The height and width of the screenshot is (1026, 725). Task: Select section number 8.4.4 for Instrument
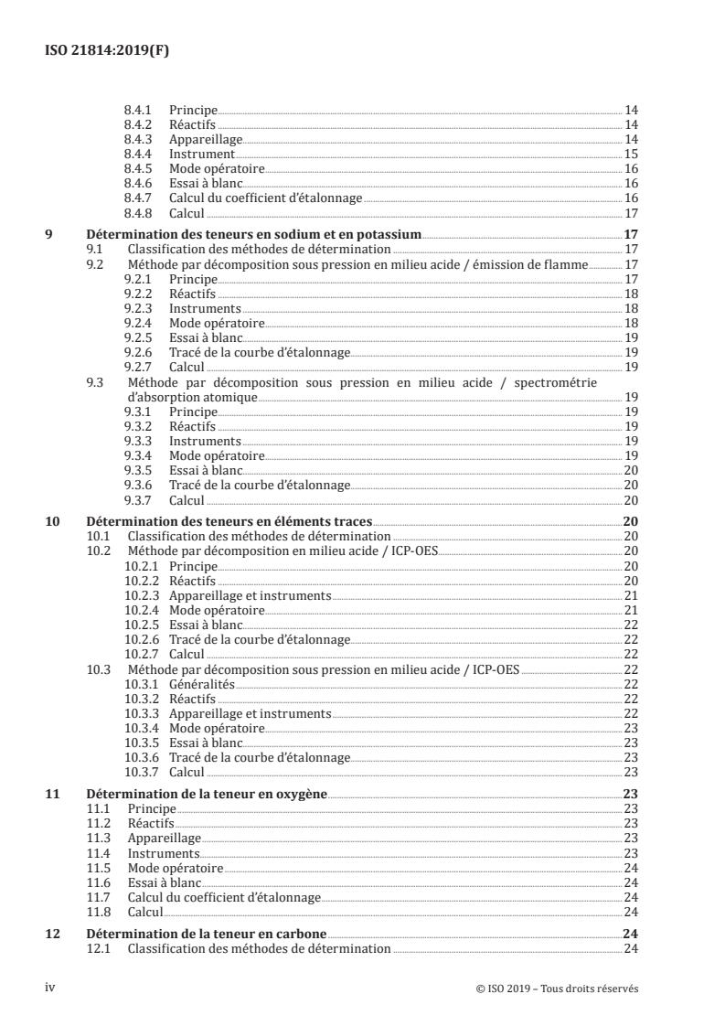(x=136, y=154)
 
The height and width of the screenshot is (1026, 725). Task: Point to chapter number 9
(x=49, y=235)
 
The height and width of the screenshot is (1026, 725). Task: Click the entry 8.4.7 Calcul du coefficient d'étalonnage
(x=266, y=198)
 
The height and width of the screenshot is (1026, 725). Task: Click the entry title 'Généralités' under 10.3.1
(x=202, y=684)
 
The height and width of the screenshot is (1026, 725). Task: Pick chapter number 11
(x=53, y=794)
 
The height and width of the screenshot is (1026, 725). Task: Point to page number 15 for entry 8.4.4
(x=631, y=154)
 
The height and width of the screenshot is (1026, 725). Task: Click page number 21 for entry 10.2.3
(x=631, y=595)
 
